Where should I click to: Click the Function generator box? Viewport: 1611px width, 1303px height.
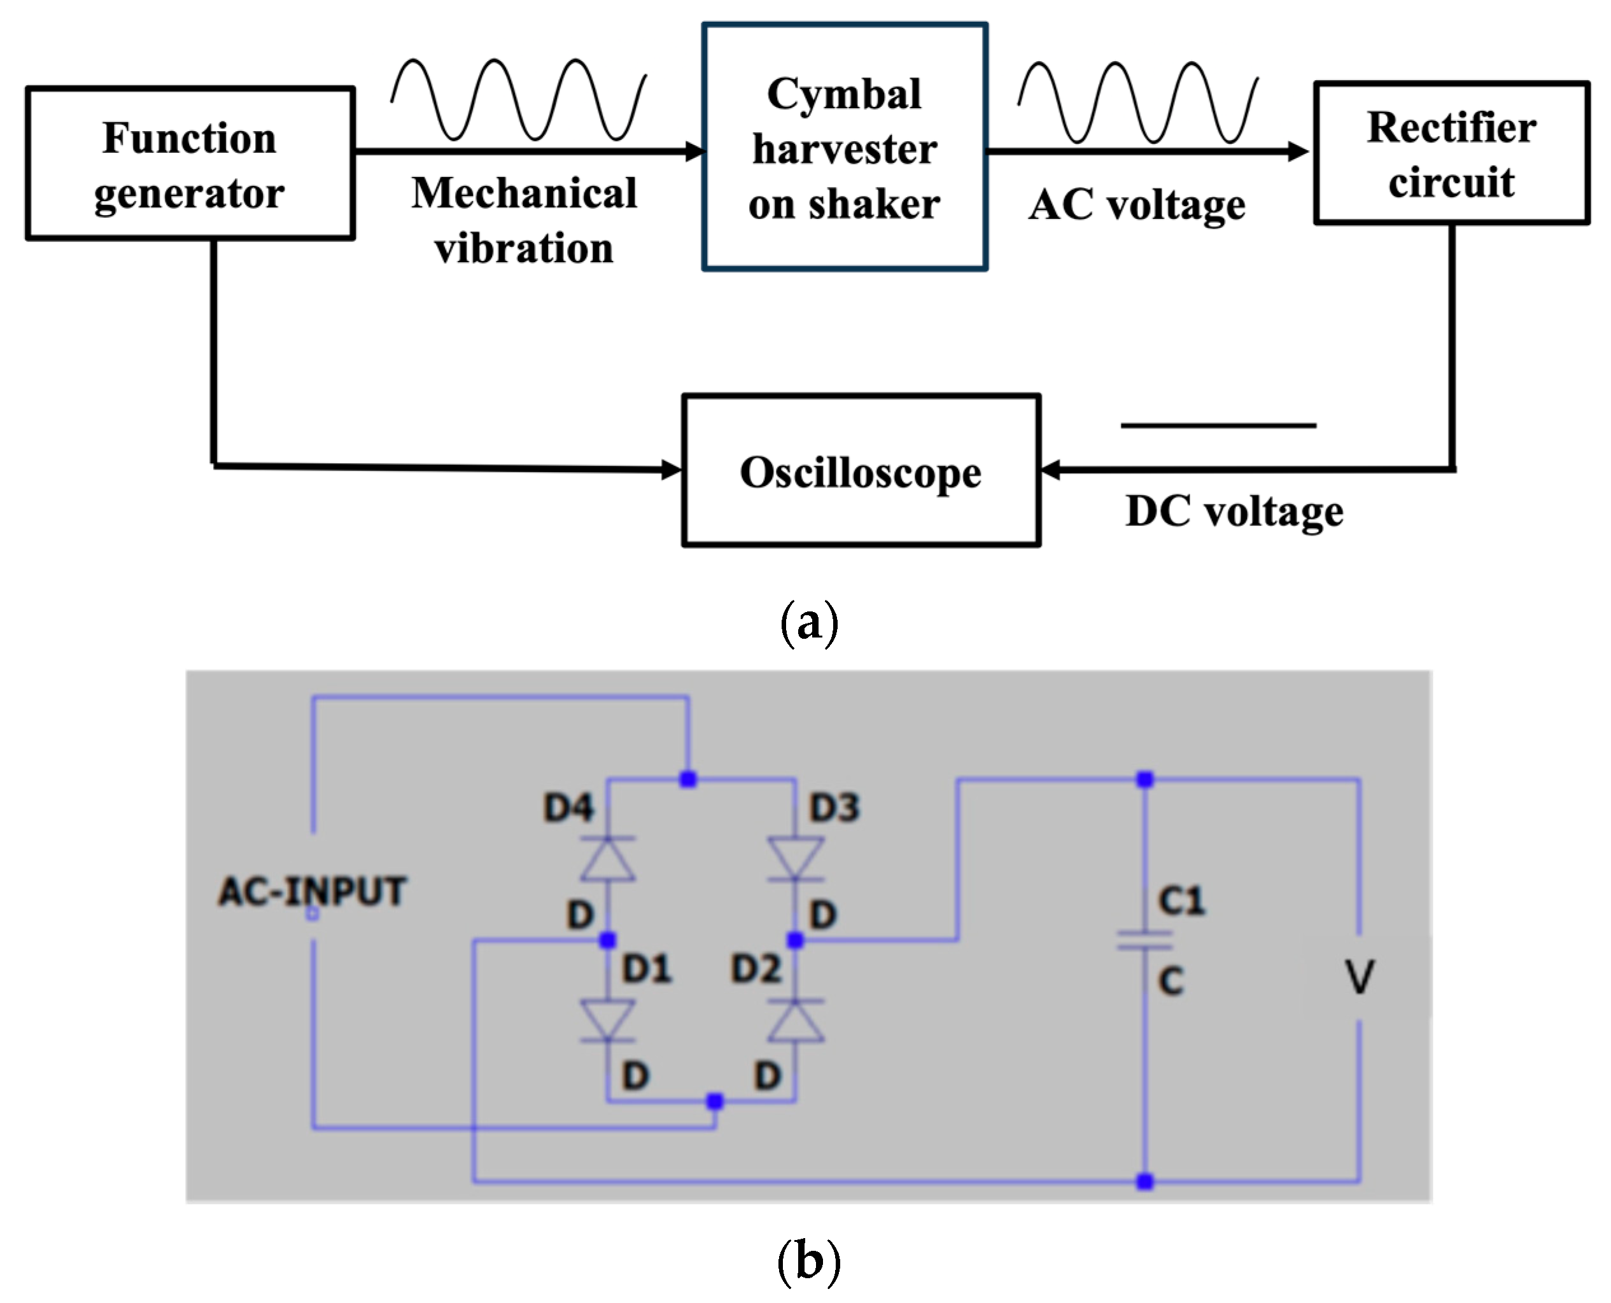coord(190,164)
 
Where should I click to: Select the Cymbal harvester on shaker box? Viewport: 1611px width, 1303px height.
coord(845,147)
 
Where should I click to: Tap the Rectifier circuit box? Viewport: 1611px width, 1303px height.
coord(1451,153)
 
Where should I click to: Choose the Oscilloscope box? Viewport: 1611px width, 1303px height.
coord(861,471)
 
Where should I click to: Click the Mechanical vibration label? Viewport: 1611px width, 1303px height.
coord(524,220)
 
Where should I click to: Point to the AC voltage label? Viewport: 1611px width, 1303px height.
coord(1137,204)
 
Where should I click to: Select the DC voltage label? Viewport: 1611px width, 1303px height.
coord(1234,512)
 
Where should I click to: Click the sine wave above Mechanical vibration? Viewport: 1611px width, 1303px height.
coord(519,99)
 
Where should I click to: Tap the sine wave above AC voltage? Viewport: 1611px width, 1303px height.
coord(1138,102)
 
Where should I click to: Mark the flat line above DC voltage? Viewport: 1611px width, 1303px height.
coord(1218,426)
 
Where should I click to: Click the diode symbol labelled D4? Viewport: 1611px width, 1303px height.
coord(608,858)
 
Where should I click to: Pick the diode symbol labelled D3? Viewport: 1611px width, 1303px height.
coord(796,858)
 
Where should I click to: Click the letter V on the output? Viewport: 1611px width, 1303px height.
coord(1360,977)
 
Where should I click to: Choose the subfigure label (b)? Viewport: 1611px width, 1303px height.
coord(808,1260)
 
